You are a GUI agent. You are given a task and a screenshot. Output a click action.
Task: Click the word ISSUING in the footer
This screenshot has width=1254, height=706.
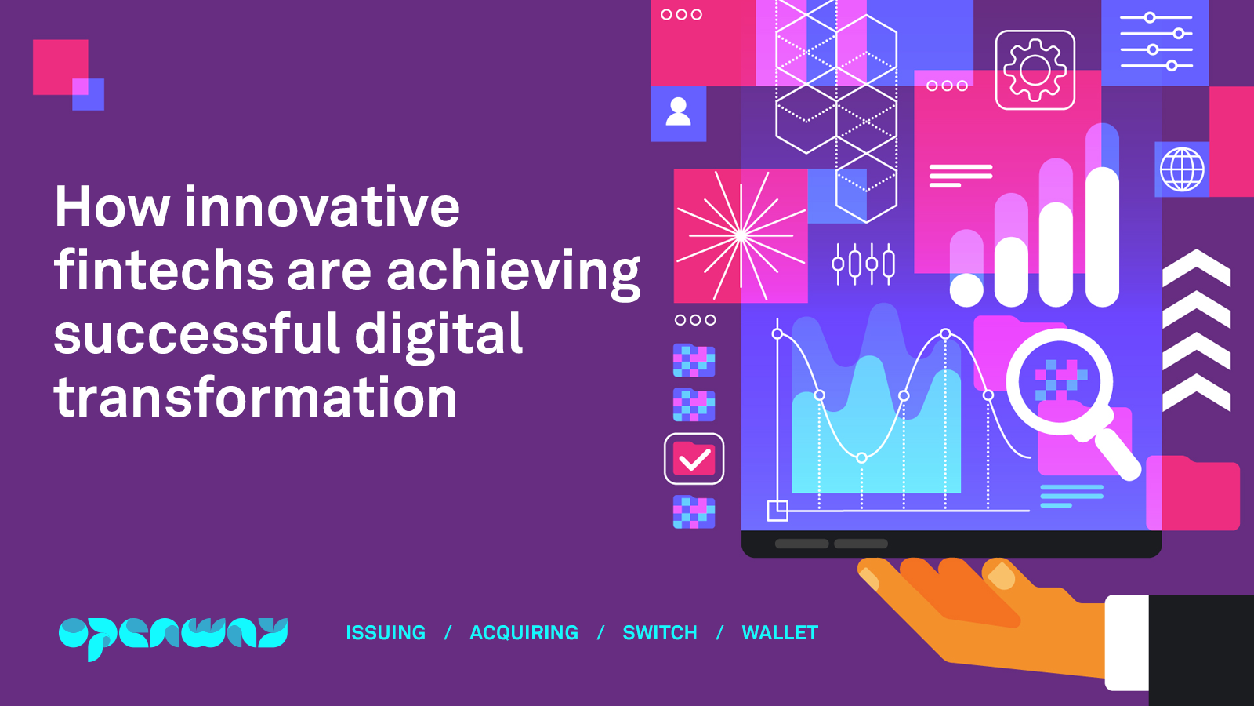click(386, 632)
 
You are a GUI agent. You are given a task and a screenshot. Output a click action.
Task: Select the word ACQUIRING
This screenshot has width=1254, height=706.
click(524, 632)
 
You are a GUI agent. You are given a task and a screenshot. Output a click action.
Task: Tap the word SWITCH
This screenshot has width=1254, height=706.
click(659, 632)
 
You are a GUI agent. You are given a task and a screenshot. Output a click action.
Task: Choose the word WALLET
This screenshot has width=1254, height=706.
click(780, 632)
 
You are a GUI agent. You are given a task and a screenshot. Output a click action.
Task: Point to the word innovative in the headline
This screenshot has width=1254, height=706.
click(321, 207)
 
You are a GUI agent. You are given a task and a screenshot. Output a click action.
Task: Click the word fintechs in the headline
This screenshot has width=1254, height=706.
click(163, 271)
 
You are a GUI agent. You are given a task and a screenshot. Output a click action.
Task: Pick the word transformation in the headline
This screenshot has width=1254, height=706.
click(256, 398)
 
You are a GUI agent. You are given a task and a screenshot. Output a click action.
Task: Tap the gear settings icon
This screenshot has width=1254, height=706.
click(1035, 71)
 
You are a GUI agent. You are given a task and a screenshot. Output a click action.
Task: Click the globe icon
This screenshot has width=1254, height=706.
click(1182, 169)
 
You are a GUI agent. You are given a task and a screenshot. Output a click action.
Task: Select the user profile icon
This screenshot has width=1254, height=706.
click(678, 113)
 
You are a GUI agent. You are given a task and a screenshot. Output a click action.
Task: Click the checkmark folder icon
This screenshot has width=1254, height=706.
click(694, 459)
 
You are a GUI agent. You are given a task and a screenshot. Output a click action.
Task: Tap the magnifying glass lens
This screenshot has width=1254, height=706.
click(1060, 381)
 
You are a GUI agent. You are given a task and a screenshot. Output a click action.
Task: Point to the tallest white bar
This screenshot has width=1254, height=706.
click(1102, 235)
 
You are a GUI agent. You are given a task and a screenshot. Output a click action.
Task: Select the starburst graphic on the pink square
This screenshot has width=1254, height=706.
click(740, 235)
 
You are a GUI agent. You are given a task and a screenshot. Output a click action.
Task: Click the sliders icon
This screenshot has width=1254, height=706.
click(1155, 42)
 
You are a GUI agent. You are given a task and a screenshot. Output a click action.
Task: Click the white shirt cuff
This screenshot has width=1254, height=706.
click(1127, 642)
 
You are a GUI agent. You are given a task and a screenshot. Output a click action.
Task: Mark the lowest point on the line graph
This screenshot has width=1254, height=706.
click(861, 457)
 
